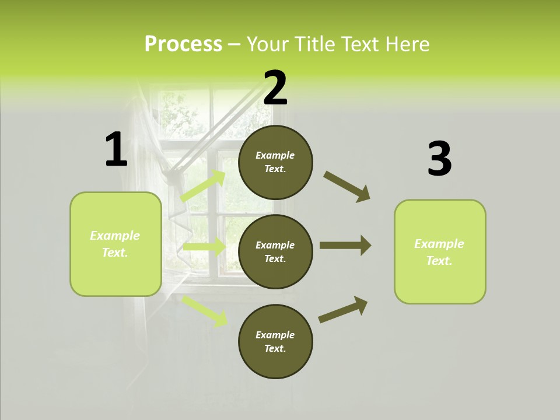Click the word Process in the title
(183, 44)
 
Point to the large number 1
(116, 149)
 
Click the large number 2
(275, 87)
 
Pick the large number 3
(439, 159)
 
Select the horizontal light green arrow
(204, 247)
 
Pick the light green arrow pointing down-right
(204, 310)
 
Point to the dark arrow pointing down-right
(347, 187)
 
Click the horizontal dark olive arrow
(345, 245)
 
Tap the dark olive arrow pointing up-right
(343, 310)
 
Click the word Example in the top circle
(275, 155)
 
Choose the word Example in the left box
(115, 236)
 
